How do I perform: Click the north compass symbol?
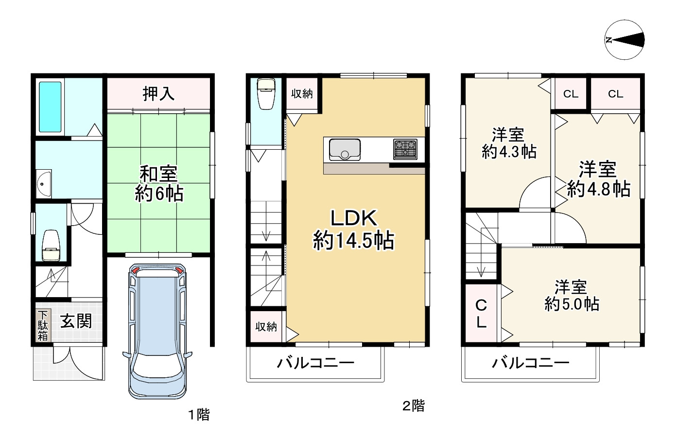(625, 40)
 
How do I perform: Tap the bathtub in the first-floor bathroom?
(50, 106)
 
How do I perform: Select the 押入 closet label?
(158, 94)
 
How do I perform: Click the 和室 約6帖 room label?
(158, 184)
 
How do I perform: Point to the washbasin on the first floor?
(44, 184)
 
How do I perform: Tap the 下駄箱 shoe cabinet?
(43, 325)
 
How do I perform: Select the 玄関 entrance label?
(76, 321)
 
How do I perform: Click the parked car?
(157, 331)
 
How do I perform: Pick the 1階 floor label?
(199, 414)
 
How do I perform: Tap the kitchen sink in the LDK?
(345, 149)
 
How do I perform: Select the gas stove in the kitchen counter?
(405, 149)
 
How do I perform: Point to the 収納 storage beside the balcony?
(266, 327)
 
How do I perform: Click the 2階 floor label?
(413, 406)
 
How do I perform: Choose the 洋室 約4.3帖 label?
(509, 143)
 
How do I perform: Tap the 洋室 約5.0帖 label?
(572, 296)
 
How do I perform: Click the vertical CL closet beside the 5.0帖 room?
(481, 314)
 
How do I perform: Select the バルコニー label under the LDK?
(315, 363)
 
